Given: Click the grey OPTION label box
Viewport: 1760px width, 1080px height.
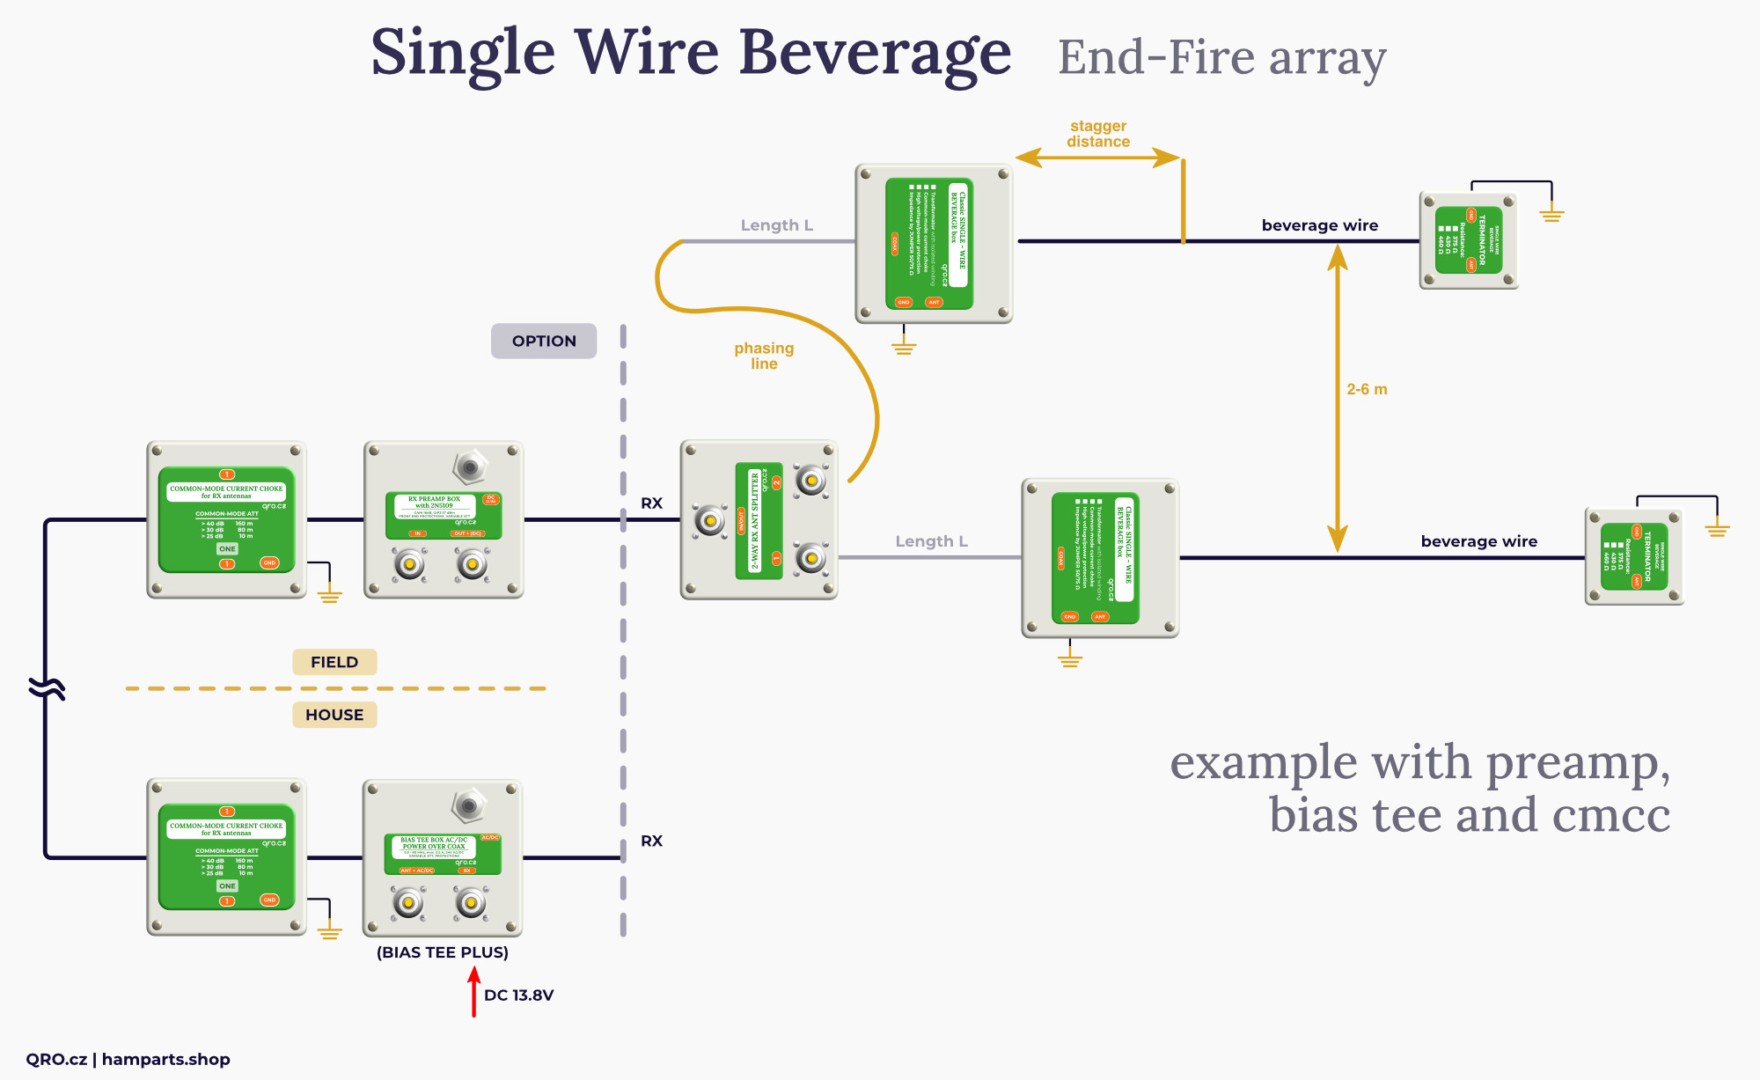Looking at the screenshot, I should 544,341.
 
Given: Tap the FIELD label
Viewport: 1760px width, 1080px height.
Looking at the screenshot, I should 334,662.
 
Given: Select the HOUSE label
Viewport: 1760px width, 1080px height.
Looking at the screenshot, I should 334,715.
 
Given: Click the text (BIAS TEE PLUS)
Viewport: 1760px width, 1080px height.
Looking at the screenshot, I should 443,952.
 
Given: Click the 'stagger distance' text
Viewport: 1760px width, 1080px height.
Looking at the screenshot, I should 1098,134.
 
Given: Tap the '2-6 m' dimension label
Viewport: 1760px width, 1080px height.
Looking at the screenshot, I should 1367,389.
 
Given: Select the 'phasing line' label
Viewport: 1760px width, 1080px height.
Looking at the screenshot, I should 764,356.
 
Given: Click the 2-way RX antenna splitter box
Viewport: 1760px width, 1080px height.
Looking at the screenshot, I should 759,520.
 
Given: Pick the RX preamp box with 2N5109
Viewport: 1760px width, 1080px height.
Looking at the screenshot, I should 444,520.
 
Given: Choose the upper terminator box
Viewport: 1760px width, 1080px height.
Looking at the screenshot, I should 1469,240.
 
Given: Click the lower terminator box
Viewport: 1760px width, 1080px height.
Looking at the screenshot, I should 1634,556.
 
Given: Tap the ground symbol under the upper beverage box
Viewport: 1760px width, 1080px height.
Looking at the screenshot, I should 904,345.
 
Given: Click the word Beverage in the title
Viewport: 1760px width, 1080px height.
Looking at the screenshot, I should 875,53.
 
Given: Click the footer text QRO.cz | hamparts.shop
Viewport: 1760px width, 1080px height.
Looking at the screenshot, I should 128,1059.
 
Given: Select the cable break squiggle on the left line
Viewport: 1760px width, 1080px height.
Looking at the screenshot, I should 47,687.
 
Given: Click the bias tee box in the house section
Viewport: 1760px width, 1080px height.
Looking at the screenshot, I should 443,858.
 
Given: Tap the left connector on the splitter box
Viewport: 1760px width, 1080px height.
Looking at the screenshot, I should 710,520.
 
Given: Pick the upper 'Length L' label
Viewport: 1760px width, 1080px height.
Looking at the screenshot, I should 776,225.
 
